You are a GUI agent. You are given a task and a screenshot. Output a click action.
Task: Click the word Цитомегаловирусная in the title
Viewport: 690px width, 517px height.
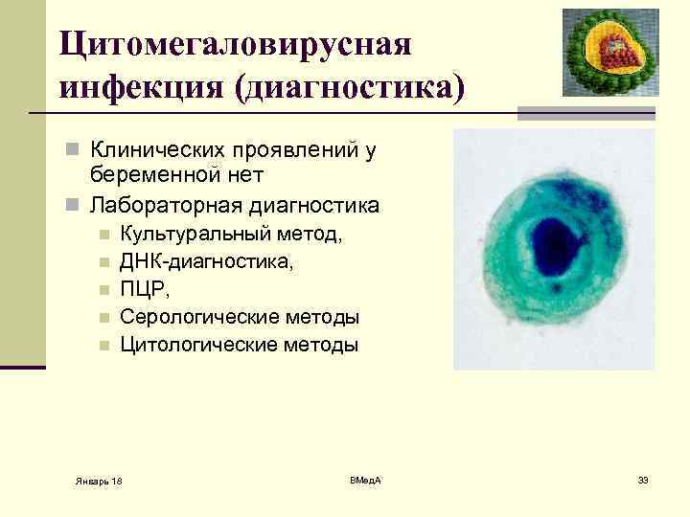235,42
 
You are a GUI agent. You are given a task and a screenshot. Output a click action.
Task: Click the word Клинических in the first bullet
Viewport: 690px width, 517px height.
162,149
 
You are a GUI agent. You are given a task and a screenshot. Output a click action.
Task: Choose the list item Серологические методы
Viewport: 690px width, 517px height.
240,316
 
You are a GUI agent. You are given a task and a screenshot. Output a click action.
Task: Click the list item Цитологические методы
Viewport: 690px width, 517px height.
240,344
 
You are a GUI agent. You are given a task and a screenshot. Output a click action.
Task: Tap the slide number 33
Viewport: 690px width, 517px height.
643,479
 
